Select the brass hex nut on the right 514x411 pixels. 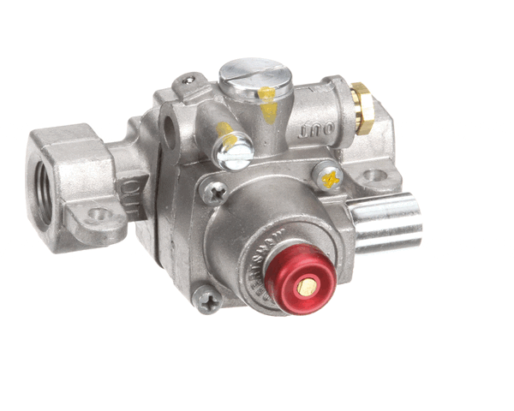coord(363,108)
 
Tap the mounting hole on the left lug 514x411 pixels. coord(99,214)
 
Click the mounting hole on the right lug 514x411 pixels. coord(374,177)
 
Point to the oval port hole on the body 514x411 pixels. coord(170,131)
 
